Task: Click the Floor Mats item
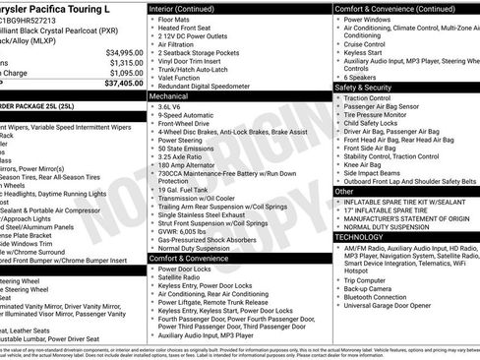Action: pos(178,19)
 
